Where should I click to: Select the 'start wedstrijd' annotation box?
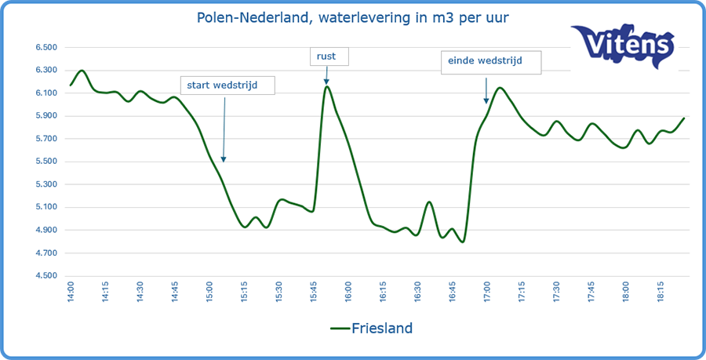(227, 85)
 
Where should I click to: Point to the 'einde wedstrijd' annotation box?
(491, 61)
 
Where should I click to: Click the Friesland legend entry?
(371, 327)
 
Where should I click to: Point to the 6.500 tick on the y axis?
(46, 48)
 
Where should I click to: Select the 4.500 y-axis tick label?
(46, 276)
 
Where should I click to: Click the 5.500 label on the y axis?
(46, 162)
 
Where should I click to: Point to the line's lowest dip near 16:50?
(463, 242)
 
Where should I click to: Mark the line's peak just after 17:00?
(500, 88)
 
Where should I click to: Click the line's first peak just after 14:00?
(82, 71)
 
